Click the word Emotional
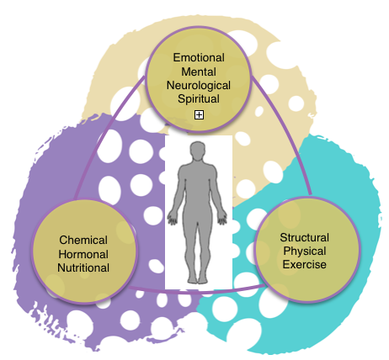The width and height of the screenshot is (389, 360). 199,58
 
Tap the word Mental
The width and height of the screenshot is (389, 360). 199,71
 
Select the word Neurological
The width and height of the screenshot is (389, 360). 199,86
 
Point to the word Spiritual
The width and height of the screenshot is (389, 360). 199,99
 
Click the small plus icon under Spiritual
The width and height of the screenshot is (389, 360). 199,114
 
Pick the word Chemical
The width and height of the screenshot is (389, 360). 83,241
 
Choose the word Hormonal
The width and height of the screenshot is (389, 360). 83,254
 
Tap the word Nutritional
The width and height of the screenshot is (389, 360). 83,267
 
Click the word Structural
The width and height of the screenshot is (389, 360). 305,238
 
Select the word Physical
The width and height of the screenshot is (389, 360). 305,251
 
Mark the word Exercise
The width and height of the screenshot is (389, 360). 305,264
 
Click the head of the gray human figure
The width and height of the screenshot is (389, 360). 198,151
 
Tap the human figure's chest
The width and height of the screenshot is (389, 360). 198,177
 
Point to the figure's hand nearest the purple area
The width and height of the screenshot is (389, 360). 173,219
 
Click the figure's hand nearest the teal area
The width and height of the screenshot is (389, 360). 222,219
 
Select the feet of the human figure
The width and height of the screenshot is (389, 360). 198,279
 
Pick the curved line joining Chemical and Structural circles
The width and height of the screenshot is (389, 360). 196,292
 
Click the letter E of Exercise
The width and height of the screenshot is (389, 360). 285,264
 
